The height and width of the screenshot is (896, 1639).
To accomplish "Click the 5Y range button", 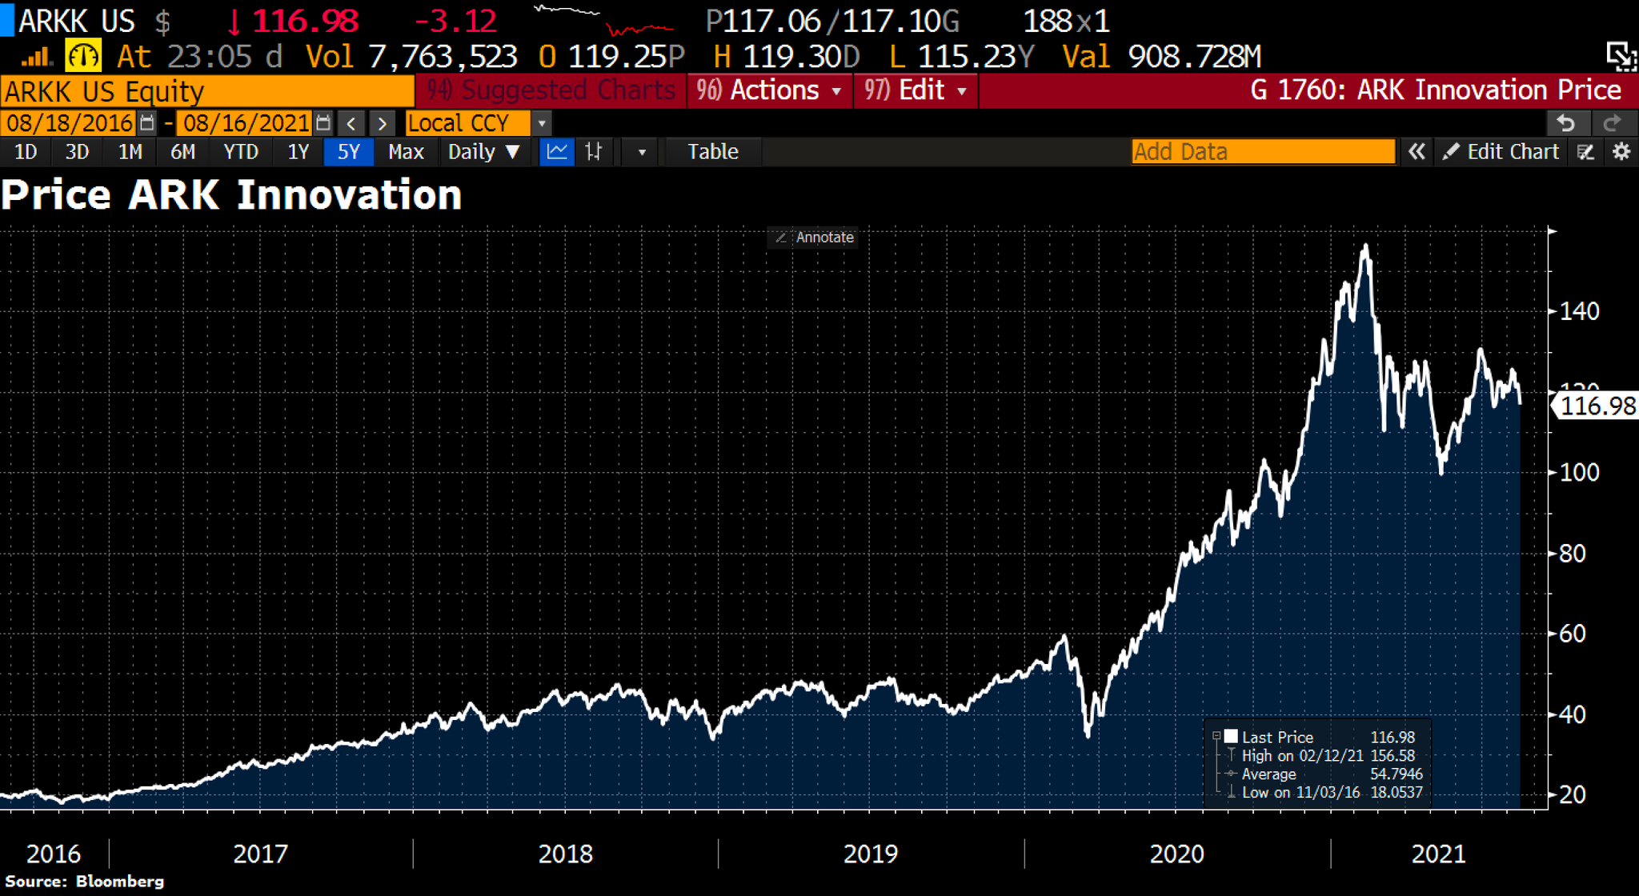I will pyautogui.click(x=348, y=152).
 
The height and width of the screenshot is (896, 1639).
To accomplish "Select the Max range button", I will pyautogui.click(x=406, y=152).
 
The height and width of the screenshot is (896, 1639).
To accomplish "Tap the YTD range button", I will pyautogui.click(x=240, y=152).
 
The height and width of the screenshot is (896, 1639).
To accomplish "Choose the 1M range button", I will pyautogui.click(x=130, y=152).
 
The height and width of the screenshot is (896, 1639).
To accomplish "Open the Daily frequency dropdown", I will pyautogui.click(x=483, y=152).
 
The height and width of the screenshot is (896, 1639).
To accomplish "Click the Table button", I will pyautogui.click(x=712, y=152).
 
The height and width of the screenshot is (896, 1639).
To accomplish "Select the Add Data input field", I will pyautogui.click(x=1263, y=152).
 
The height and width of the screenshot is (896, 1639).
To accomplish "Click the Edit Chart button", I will pyautogui.click(x=1501, y=152).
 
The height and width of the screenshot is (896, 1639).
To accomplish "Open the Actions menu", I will pyautogui.click(x=768, y=90).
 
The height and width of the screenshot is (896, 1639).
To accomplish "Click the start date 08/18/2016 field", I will pyautogui.click(x=70, y=123).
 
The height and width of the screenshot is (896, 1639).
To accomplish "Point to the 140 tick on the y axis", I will pyautogui.click(x=1579, y=311).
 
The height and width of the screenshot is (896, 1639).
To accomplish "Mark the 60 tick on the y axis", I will pyautogui.click(x=1573, y=634).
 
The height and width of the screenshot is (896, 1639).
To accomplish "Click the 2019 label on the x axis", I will pyautogui.click(x=871, y=854).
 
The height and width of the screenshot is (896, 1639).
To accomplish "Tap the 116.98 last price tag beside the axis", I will pyautogui.click(x=1597, y=406).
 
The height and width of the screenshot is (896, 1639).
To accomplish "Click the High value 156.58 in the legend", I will pyautogui.click(x=1393, y=756).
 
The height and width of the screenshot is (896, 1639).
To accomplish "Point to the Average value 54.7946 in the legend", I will pyautogui.click(x=1397, y=774).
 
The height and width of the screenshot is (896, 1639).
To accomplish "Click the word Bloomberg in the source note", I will pyautogui.click(x=120, y=882).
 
